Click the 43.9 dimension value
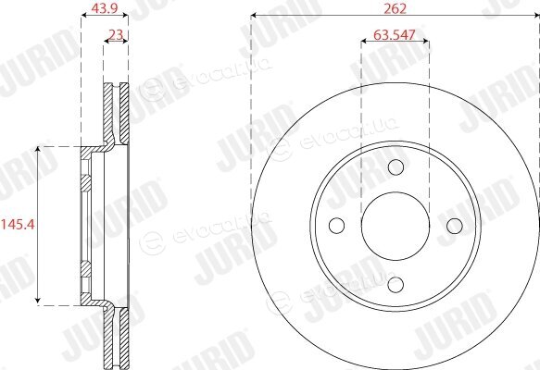point(105,8)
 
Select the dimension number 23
point(116,35)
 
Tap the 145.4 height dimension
point(18,225)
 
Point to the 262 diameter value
point(396,8)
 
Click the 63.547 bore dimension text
point(395,35)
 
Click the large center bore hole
point(396,226)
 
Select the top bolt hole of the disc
point(396,167)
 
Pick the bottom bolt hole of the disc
point(396,285)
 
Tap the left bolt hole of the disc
point(337,226)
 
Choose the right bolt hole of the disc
point(455,226)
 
